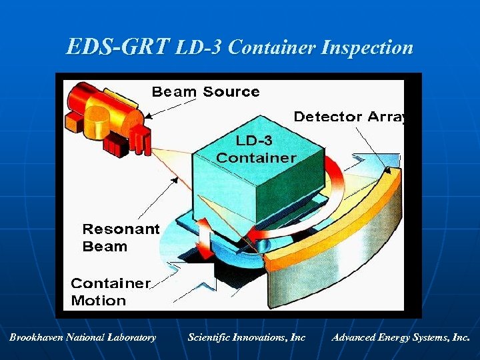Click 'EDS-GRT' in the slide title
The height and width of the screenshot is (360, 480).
click(x=118, y=47)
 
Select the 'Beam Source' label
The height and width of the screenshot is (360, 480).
click(x=205, y=91)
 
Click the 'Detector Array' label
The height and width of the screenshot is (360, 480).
click(x=349, y=117)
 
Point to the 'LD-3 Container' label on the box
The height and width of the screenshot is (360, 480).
click(x=256, y=149)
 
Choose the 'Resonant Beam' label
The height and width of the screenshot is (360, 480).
click(x=121, y=238)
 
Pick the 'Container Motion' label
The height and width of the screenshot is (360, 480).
click(x=110, y=291)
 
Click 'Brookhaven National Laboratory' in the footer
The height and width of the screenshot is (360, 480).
click(x=83, y=337)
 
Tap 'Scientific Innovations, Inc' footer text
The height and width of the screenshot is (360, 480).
click(x=246, y=337)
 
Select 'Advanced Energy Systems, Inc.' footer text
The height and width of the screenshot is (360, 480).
click(x=401, y=337)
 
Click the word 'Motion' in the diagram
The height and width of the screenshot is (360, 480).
click(x=99, y=300)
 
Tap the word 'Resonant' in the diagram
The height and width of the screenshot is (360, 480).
click(x=121, y=229)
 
